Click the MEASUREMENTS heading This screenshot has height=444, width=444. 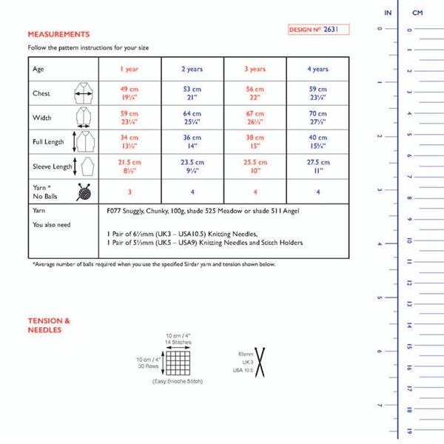click(58, 34)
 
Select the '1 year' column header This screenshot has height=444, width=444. click(130, 69)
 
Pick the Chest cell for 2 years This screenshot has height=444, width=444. click(192, 95)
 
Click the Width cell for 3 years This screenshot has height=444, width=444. click(255, 118)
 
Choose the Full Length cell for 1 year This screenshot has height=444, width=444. click(130, 141)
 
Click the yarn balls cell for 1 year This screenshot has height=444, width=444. click(130, 192)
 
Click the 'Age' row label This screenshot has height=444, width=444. click(38, 69)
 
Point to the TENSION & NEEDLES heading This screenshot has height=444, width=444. click(49, 325)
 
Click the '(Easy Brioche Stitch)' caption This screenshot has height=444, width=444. click(177, 381)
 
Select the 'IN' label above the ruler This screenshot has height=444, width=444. click(388, 13)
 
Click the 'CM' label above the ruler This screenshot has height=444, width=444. click(417, 13)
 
